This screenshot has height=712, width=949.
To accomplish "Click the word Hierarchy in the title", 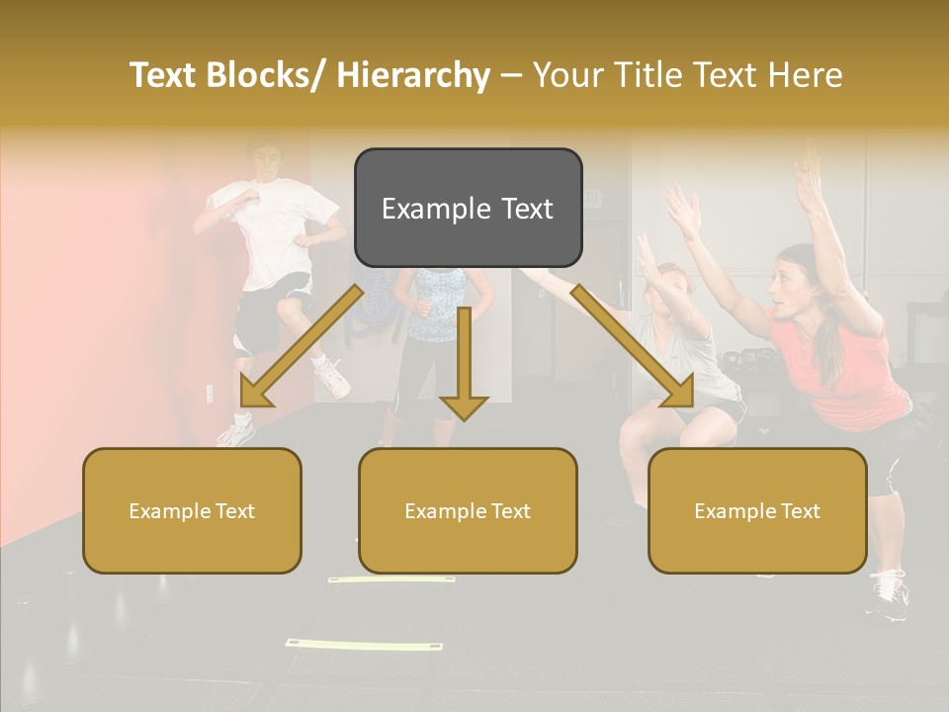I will tap(413, 75).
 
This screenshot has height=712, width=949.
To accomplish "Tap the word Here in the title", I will tap(806, 75).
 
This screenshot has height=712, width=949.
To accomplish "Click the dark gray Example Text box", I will tap(468, 208).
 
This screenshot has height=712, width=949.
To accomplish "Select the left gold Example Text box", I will tap(192, 510).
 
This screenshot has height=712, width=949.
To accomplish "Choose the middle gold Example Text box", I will tap(468, 510).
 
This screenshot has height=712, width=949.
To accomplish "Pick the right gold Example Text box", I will tap(757, 510).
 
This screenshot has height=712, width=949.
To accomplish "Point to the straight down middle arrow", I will tap(464, 366).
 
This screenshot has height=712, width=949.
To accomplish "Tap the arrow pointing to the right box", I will tap(633, 346).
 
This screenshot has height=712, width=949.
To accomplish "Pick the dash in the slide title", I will tap(511, 75).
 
